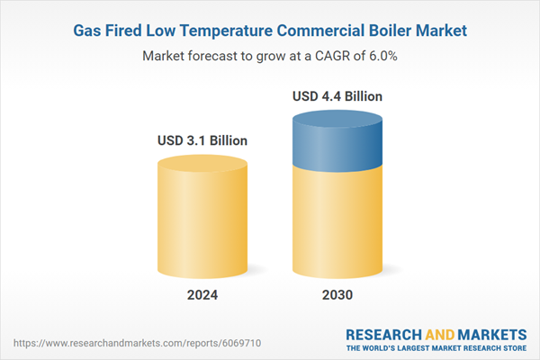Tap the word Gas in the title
pos(87,31)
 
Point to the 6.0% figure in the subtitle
pos(380,56)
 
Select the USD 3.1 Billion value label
pos(202,140)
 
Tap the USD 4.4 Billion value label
pos(337,95)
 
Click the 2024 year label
pos(202,294)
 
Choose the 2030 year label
pos(337,294)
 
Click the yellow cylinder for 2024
pos(202,225)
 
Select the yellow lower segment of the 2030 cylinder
pos(337,225)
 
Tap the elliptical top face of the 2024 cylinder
pos(202,164)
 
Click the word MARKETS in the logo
pos(487,333)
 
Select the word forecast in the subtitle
pos(213,56)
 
